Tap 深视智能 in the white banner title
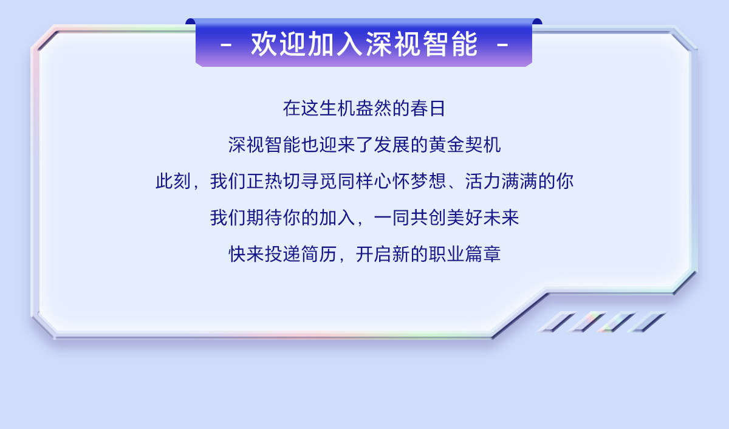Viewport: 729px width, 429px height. [x=422, y=44]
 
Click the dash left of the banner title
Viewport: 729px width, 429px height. [x=226, y=45]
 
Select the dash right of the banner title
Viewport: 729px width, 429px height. [x=502, y=45]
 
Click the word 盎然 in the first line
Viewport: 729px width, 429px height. [x=373, y=108]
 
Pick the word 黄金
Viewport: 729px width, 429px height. [x=446, y=145]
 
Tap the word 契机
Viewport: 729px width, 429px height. [x=482, y=145]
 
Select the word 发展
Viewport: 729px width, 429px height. [x=391, y=145]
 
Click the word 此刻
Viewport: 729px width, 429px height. [x=173, y=181]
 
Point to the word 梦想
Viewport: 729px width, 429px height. [x=428, y=181]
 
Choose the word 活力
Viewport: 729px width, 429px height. [x=482, y=181]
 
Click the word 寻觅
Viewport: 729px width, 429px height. [x=318, y=181]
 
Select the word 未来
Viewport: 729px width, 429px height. [x=501, y=218]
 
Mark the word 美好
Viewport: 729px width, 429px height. [x=464, y=218]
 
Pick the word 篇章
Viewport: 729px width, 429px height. [x=482, y=254]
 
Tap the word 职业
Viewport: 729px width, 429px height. [x=446, y=254]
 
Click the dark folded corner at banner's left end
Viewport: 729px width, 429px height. [x=191, y=21]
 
